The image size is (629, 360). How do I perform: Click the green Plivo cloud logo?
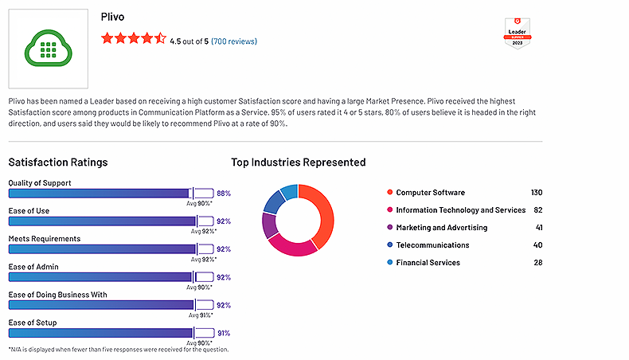click(x=48, y=49)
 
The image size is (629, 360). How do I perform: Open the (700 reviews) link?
click(x=233, y=41)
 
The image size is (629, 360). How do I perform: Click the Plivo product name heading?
click(x=114, y=16)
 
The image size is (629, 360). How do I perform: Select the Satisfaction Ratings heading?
click(x=57, y=162)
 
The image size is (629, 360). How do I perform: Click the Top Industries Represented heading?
click(x=298, y=162)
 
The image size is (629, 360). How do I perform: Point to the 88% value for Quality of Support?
click(x=223, y=193)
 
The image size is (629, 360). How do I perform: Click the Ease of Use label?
click(x=30, y=211)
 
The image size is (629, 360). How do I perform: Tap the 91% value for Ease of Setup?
click(x=223, y=333)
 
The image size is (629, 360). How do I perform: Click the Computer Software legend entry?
click(x=430, y=193)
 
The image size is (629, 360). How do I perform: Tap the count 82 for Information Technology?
click(x=537, y=210)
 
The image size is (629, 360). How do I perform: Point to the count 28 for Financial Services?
click(x=537, y=263)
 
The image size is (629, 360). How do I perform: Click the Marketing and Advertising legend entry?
click(x=441, y=228)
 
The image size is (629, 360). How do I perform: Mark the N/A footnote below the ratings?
click(x=118, y=349)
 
